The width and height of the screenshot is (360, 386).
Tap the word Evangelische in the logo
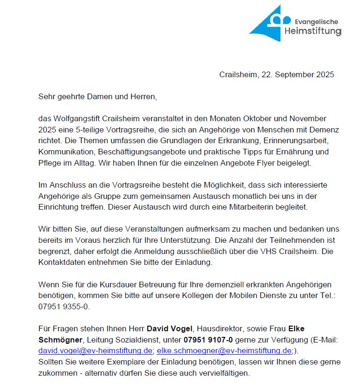316,22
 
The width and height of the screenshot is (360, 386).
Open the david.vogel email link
95,350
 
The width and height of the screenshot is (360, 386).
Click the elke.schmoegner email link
224,350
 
